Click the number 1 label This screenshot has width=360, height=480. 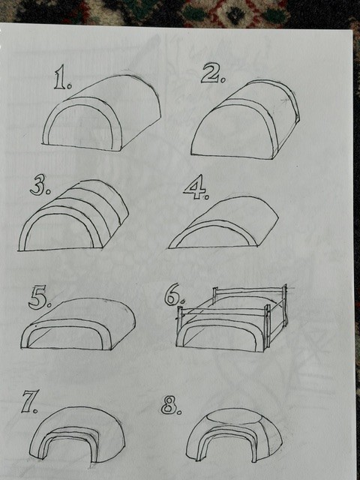[63, 77]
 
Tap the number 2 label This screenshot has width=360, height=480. [213, 73]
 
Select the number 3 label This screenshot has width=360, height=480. [40, 186]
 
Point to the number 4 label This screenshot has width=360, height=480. [196, 187]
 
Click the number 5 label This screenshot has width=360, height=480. [39, 298]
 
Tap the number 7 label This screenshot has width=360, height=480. [29, 402]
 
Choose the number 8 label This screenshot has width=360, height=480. [171, 405]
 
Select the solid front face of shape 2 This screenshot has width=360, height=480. [232, 133]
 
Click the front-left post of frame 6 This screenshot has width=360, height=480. [180, 318]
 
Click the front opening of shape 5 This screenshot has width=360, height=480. [66, 337]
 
